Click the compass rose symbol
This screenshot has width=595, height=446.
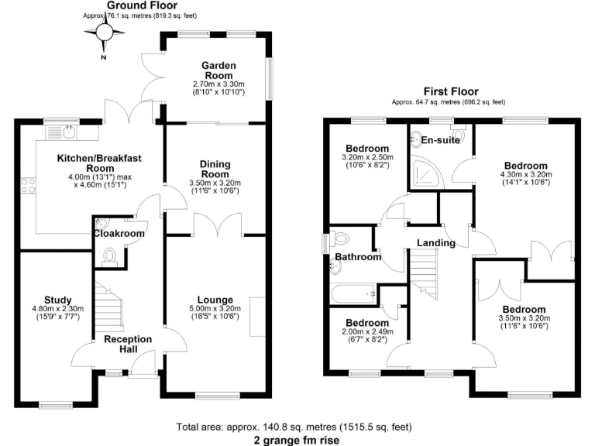coord(105,32)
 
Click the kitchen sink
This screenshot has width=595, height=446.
coord(58,132)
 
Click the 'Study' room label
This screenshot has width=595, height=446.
coord(58,300)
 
